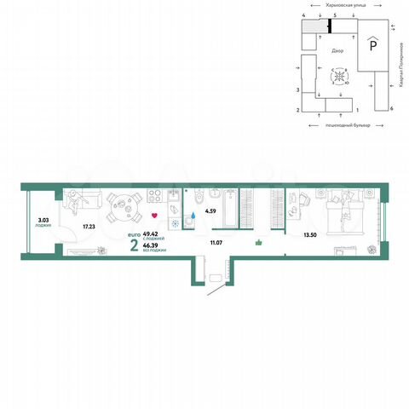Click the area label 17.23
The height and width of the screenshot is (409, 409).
tap(88, 227)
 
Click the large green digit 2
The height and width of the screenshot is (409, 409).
tap(135, 245)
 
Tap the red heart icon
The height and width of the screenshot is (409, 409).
tap(154, 215)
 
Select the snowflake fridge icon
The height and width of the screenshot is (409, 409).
tap(175, 224)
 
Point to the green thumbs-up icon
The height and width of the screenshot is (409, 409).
tap(259, 242)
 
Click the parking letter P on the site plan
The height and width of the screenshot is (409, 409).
tap(372, 44)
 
